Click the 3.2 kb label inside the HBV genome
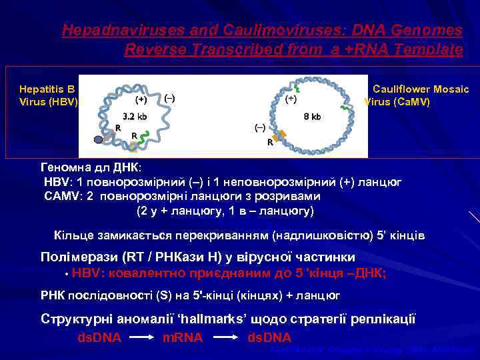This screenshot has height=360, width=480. [133, 115]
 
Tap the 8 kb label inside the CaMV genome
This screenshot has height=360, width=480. [312, 116]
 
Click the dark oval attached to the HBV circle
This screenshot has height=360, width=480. [98, 140]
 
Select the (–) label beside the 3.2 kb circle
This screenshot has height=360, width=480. [169, 97]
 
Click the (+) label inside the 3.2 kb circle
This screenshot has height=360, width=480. [141, 101]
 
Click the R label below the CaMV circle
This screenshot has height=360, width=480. [270, 143]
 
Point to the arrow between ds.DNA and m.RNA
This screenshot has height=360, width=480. [142, 338]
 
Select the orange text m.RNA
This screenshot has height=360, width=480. [183, 337]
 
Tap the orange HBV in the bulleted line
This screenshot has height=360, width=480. [85, 273]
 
